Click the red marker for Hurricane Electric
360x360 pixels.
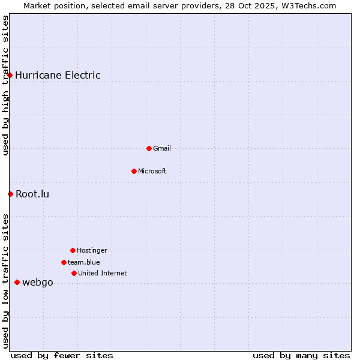10,75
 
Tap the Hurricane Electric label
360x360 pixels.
58,75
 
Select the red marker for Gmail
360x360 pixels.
149,148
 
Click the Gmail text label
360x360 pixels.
162,148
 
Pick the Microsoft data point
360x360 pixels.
134,171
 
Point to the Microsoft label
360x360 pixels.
152,171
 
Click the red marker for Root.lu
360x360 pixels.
10,194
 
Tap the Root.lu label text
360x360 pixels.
32,194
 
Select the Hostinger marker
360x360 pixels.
73,250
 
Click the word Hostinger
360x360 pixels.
92,250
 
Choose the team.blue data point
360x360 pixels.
64,262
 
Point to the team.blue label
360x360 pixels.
84,262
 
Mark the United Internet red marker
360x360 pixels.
74,273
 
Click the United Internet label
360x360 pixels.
103,273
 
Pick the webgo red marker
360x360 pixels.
17,282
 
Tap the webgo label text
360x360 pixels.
38,283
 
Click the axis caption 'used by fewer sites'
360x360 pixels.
62,355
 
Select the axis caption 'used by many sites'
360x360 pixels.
301,355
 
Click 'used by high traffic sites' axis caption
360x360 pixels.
6,85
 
